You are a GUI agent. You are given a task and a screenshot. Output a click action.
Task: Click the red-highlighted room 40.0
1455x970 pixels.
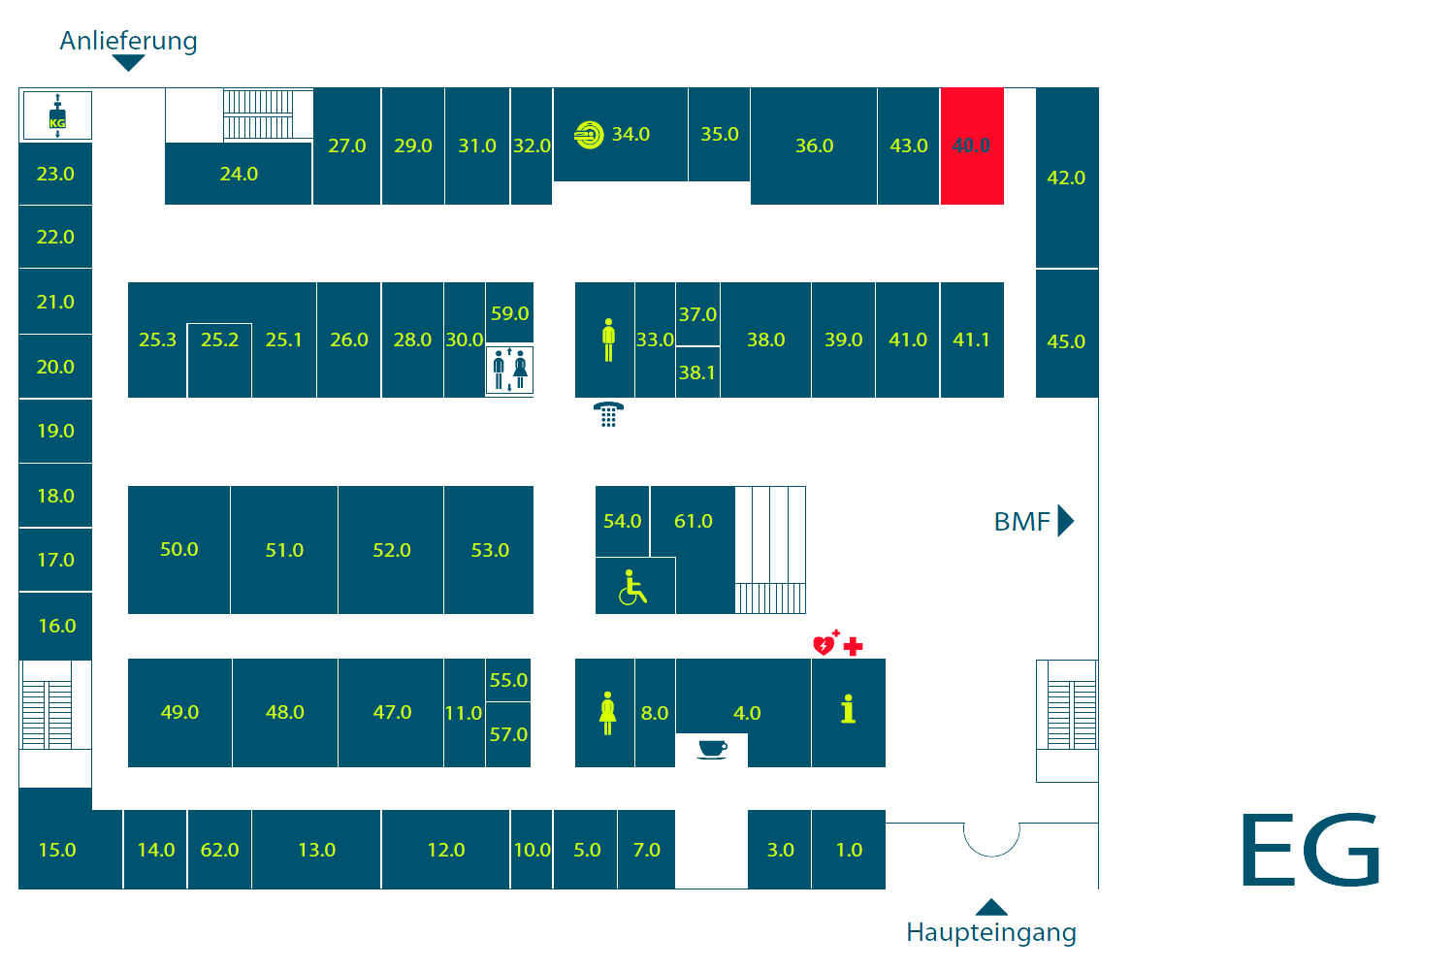tap(972, 146)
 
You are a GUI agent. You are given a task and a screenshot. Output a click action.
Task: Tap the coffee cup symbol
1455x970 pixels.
tap(713, 749)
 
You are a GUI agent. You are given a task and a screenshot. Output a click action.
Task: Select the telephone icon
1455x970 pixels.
tap(608, 414)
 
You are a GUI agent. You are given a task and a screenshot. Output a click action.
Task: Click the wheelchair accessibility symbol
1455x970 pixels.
tap(632, 587)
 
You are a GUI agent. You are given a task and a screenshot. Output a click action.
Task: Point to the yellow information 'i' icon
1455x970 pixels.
tap(848, 709)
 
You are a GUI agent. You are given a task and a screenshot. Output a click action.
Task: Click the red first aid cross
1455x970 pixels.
tap(853, 646)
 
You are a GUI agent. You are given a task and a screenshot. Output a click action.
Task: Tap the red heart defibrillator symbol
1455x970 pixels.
tap(824, 643)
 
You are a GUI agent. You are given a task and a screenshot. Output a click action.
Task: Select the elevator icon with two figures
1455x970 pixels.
tap(510, 371)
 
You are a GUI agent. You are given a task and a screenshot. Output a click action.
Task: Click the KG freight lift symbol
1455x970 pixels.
tap(58, 115)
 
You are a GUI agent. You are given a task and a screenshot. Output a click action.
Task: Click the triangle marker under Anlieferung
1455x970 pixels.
tap(128, 62)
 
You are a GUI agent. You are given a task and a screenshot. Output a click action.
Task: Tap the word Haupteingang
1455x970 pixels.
tap(991, 932)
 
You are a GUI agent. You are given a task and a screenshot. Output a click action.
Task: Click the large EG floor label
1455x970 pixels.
tap(1310, 849)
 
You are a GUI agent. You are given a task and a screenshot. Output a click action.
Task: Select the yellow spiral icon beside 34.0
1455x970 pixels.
tap(589, 135)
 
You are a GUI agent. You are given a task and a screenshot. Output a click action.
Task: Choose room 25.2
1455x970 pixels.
tap(219, 360)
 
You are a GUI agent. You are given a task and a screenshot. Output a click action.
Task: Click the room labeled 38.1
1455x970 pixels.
tap(697, 372)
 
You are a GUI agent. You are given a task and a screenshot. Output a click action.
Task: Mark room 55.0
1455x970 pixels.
tap(508, 680)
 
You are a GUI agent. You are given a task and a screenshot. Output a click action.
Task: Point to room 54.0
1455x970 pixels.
tap(623, 521)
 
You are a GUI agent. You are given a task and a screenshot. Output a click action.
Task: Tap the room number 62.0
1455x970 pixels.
tap(219, 850)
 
